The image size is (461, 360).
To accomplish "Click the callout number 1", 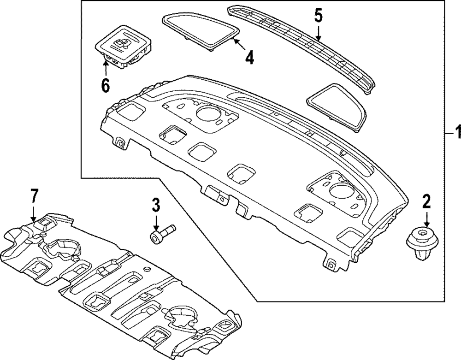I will (x=456, y=133).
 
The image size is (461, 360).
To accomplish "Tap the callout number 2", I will (x=426, y=201).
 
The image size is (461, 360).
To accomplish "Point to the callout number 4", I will (x=249, y=59).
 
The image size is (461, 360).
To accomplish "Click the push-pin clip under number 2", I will (x=422, y=244).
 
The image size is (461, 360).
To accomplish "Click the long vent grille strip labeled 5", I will (x=304, y=48).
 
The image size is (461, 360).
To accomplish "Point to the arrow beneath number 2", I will (x=426, y=219).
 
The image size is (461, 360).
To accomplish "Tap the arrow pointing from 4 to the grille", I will (x=239, y=45).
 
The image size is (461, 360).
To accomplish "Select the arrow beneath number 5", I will (x=318, y=33).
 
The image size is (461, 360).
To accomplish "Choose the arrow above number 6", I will (x=106, y=68).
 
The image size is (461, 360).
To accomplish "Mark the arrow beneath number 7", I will (x=33, y=213).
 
